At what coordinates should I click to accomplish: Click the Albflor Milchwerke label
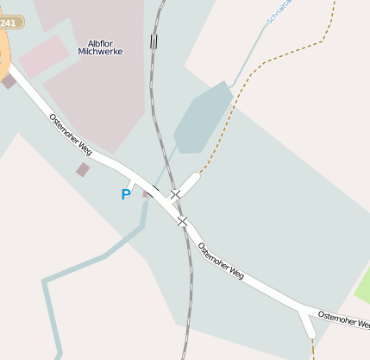coord(100,47)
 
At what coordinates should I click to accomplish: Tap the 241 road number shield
coord(9,22)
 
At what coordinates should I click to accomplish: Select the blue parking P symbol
coord(126,195)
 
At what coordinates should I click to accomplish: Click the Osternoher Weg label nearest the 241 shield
coord(71,136)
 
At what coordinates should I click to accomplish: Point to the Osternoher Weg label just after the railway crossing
coord(221,262)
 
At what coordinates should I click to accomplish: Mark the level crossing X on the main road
coord(182,222)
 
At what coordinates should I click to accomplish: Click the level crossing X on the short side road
coord(175,194)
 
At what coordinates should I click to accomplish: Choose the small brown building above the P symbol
coord(82,170)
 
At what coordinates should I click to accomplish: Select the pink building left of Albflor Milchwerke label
coord(43,57)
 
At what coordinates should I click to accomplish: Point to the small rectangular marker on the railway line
coord(154,41)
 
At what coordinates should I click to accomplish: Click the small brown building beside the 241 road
coord(9,81)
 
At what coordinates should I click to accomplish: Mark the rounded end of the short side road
coord(193,178)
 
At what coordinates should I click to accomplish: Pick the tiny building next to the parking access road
coord(146,193)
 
